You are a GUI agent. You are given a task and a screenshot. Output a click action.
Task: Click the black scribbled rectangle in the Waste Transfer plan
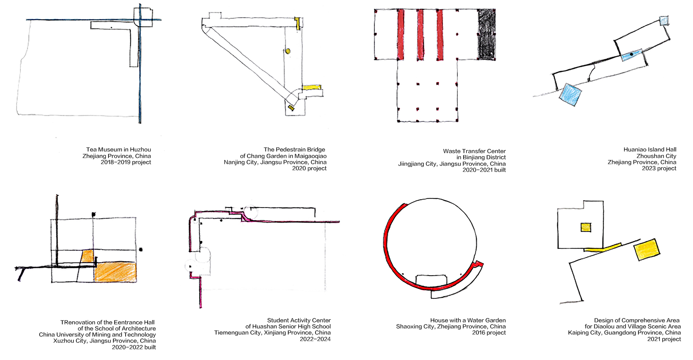tap(487, 34)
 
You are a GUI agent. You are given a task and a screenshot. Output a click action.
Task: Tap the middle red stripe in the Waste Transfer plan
tap(420, 34)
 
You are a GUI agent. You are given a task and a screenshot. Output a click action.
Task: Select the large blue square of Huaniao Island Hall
tap(570, 95)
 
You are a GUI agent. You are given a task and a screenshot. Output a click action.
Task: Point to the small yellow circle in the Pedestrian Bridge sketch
tap(288, 51)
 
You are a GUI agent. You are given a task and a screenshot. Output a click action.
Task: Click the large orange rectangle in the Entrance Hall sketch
tap(115, 272)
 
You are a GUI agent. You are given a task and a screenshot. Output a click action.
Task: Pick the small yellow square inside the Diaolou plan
tap(586, 227)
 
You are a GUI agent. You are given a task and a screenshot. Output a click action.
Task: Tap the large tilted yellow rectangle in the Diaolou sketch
tap(647, 249)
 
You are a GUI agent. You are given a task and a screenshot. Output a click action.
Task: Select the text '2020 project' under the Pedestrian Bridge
tap(309, 168)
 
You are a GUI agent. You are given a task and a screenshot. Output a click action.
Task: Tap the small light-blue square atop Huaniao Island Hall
tap(664, 21)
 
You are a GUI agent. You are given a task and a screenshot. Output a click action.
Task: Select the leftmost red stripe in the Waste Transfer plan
tap(400, 34)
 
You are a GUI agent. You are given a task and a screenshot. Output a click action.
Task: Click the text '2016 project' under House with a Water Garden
tap(489, 333)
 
